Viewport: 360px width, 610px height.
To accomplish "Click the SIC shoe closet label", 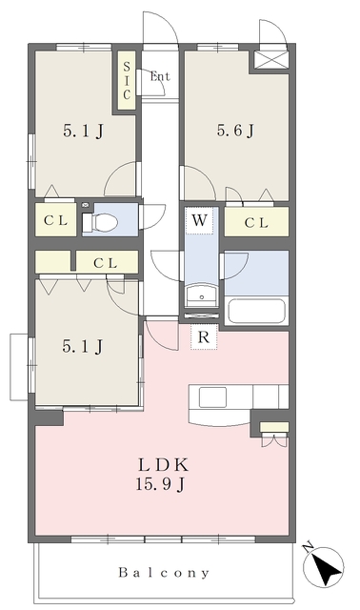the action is (x=127, y=80).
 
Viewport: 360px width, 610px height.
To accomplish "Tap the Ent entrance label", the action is (x=160, y=76).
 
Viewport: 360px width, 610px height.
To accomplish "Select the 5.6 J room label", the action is (x=235, y=131).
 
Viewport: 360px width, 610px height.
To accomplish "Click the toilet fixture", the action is (x=100, y=222).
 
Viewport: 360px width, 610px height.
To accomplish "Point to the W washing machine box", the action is (x=199, y=220).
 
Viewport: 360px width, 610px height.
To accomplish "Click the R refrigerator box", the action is (x=204, y=336).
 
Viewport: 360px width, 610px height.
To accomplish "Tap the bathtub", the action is (x=256, y=311).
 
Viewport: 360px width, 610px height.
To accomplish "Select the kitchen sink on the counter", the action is (x=212, y=397).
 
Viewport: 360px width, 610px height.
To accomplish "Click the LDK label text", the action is (x=163, y=464).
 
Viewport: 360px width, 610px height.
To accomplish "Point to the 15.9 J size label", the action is (x=160, y=484).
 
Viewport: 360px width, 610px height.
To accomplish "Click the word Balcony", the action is (x=164, y=573).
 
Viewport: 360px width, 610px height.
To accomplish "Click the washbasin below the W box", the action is (x=201, y=296).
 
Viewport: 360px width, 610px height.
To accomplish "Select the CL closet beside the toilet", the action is (x=55, y=220).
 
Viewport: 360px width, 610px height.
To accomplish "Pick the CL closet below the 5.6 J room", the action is (x=256, y=222).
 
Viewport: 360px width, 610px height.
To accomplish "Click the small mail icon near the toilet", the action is (x=86, y=205).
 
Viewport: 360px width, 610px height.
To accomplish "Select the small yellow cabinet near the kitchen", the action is (x=274, y=427).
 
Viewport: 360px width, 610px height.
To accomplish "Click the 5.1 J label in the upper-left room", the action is (x=83, y=132).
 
